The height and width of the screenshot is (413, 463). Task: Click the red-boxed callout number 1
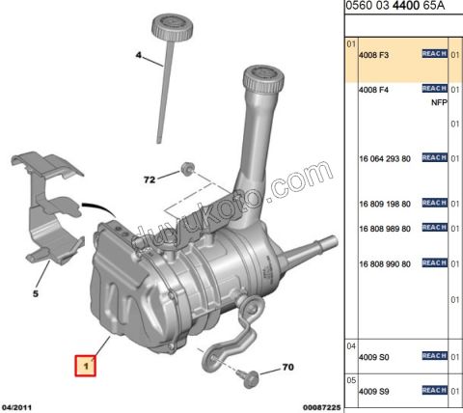[87, 366]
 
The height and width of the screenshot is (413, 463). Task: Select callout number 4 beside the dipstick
[138, 58]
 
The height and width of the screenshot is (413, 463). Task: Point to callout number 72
[150, 179]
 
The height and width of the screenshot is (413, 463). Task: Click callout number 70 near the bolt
[287, 368]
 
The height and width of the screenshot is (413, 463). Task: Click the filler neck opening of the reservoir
[267, 73]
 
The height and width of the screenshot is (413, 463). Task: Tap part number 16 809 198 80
[384, 204]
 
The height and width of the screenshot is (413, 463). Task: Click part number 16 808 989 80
[384, 228]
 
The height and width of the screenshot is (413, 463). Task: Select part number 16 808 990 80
[384, 262]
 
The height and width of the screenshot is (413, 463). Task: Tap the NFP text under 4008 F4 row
[440, 99]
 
